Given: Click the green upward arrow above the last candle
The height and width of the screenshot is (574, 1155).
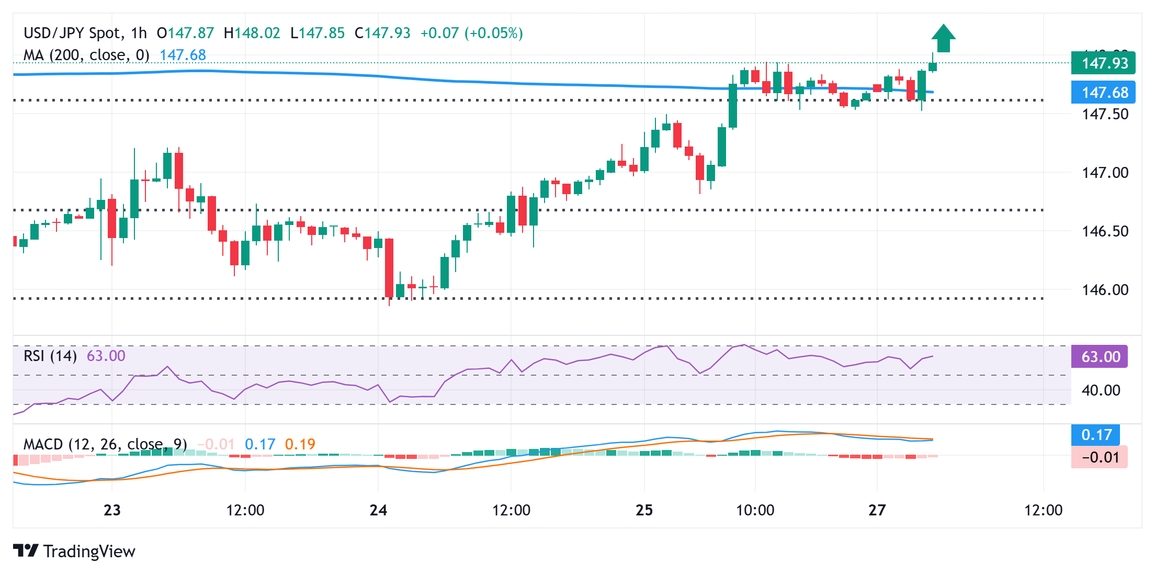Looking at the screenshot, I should point(943,38).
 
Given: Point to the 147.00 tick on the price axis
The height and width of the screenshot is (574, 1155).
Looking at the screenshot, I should point(1105,173).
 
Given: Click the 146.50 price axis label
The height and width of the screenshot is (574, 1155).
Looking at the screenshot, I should point(1105,231).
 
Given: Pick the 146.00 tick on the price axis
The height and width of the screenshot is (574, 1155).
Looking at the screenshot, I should point(1105,290).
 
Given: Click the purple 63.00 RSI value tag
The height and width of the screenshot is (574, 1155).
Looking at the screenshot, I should point(1100,357).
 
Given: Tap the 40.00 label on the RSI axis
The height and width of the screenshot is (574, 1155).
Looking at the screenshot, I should point(1101,390).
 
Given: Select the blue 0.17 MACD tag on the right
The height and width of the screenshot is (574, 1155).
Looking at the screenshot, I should point(1096,435).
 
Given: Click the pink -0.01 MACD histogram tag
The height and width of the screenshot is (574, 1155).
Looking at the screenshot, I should point(1100,457).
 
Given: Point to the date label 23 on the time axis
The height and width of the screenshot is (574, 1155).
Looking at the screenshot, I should point(112,510).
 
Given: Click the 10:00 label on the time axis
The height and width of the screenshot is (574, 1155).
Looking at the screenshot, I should point(755,510).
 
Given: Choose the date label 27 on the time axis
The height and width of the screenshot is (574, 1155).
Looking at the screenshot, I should point(877,510).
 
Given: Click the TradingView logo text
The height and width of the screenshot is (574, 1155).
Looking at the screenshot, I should point(89,552).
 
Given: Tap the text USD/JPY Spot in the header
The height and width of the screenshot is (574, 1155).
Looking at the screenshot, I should point(72,33).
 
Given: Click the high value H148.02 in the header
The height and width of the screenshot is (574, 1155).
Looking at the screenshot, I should point(252,33).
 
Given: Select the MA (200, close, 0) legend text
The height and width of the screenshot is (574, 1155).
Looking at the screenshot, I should point(86,55).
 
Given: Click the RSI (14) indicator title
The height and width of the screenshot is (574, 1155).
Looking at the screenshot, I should point(50,356).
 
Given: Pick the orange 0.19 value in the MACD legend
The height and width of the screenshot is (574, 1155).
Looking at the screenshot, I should point(300,445).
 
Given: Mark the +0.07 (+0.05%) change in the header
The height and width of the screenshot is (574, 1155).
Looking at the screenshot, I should point(471,33).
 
